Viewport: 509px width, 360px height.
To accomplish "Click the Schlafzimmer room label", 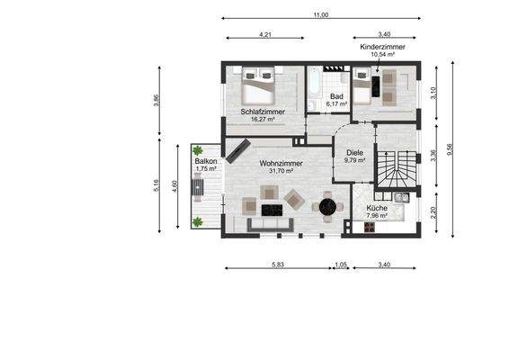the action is [x=263, y=112].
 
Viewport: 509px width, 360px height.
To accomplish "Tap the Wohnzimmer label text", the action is [x=281, y=164].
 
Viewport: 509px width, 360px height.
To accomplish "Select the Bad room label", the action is [x=336, y=96].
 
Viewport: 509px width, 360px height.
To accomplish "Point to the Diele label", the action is [x=355, y=153].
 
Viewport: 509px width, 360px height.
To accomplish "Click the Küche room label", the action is [x=377, y=208].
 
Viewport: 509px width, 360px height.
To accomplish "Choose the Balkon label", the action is [x=206, y=161].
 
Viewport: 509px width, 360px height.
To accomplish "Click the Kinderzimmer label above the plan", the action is [x=383, y=47].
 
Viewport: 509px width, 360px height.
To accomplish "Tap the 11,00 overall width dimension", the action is [x=321, y=14].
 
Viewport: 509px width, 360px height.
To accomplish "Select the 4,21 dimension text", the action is [x=265, y=34].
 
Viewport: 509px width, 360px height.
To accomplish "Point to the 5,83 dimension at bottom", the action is [x=278, y=265].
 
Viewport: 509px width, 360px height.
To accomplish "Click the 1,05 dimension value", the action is [x=341, y=265].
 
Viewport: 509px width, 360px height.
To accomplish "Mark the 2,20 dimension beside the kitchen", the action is [x=433, y=212].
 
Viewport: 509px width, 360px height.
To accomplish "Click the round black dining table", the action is [x=327, y=207].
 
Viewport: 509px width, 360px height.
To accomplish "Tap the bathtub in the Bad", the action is [x=314, y=83].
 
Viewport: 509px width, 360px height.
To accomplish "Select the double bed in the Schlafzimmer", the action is [x=258, y=85].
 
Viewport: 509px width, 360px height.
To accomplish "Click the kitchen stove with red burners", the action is [x=369, y=227].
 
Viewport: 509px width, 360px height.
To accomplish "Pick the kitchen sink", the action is [x=402, y=197].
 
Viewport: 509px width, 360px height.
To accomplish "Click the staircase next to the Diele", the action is [x=396, y=169].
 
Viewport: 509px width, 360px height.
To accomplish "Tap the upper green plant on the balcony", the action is [x=197, y=150].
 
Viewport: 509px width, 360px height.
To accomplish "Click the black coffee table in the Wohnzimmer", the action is [x=272, y=211].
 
